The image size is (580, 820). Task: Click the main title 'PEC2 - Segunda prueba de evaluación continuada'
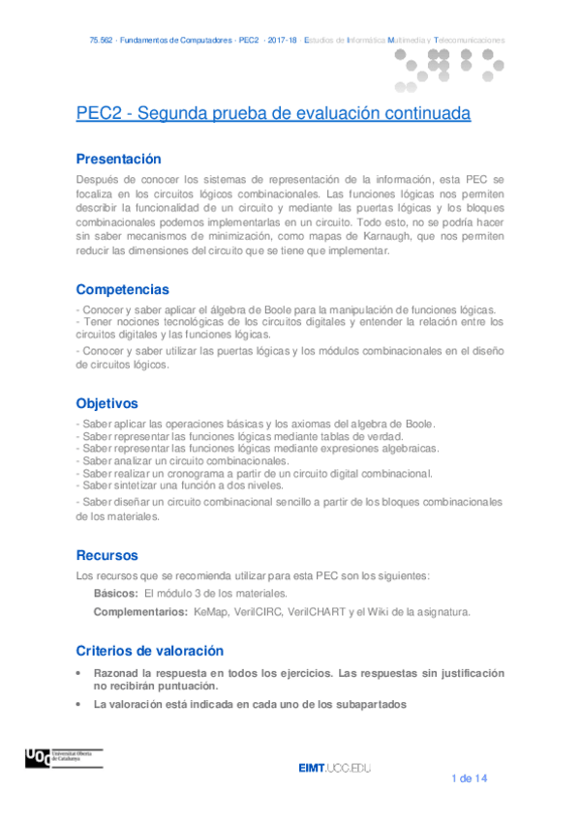273,114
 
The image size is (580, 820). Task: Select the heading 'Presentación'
118,160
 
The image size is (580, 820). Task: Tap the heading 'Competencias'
122,289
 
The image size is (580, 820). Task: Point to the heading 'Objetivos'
107,403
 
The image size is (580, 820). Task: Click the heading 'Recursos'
107,555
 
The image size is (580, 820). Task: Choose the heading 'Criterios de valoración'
149,651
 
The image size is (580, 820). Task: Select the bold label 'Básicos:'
115,593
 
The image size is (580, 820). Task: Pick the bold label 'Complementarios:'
139,612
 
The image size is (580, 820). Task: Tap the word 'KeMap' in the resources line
210,612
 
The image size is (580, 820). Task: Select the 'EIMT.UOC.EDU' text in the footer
335,768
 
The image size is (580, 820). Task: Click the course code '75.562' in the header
100,41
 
